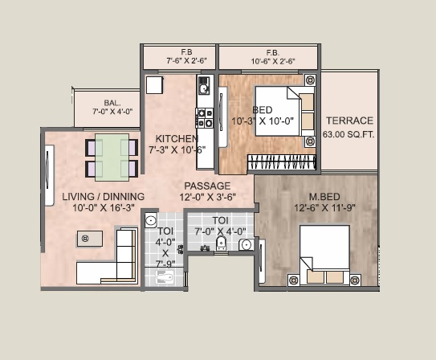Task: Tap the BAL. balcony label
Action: click(x=112, y=102)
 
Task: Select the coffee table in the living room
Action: click(x=88, y=238)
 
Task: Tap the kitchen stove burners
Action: click(x=205, y=117)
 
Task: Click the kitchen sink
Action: click(x=204, y=85)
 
